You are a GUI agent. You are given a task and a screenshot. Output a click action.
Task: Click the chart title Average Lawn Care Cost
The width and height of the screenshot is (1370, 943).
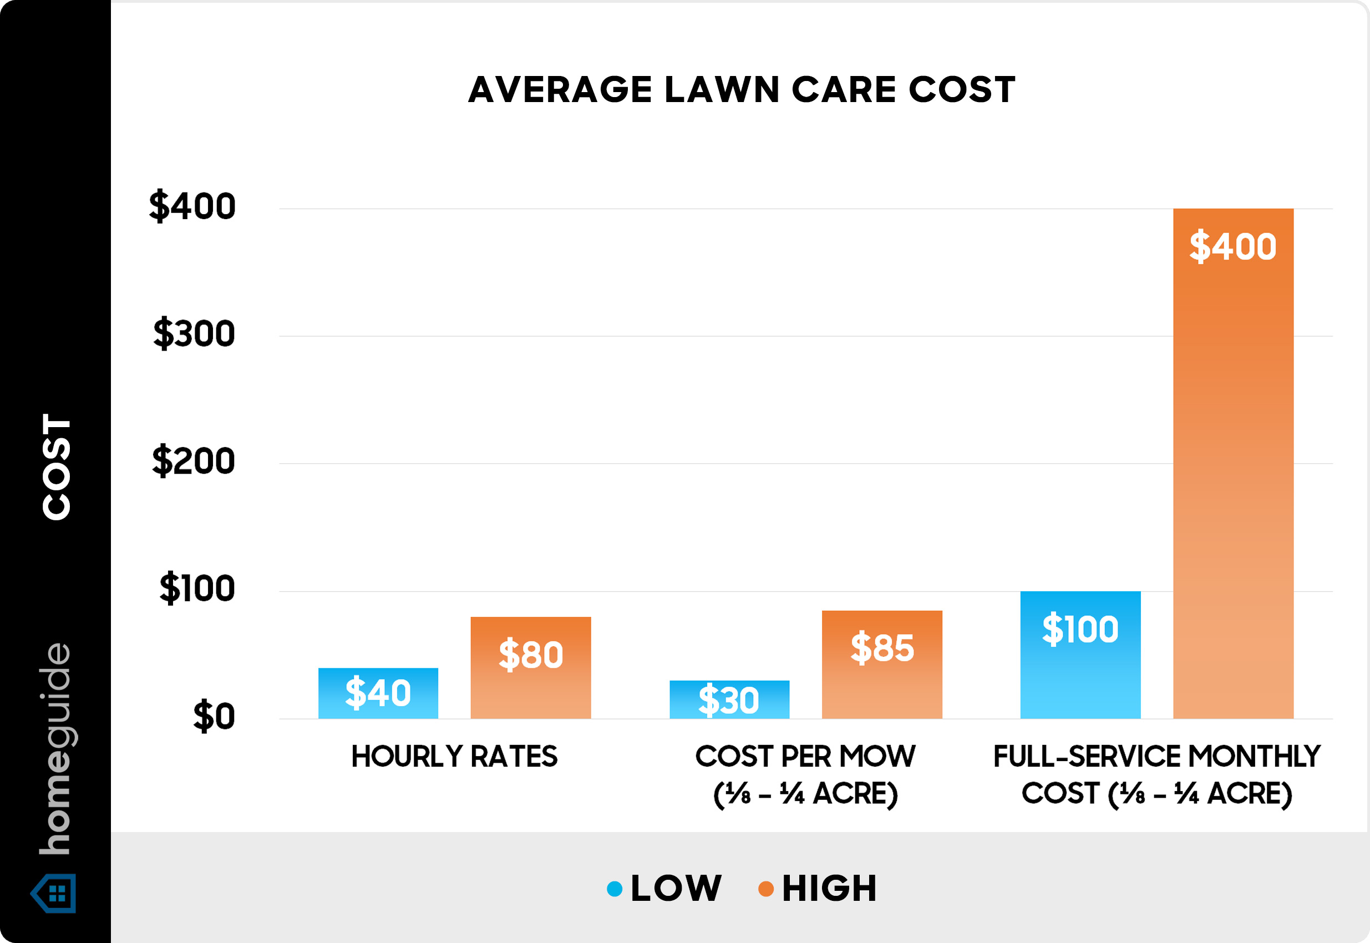742,90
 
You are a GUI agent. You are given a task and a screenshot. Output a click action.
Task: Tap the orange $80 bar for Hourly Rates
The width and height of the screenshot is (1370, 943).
530,667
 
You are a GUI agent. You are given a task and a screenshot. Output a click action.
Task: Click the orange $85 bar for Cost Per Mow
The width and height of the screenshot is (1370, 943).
881,664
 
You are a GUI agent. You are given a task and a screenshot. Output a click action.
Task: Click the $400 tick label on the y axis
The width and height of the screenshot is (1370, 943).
192,206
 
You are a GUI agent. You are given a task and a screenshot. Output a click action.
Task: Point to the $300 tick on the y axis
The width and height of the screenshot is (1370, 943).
194,334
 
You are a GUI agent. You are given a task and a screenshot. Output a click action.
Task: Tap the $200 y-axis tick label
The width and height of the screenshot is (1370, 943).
193,461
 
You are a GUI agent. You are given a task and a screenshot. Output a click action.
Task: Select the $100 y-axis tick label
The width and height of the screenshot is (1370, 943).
197,589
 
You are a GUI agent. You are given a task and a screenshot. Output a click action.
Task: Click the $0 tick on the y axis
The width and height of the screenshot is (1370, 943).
214,716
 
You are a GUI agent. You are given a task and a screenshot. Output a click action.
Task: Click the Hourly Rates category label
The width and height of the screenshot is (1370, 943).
454,756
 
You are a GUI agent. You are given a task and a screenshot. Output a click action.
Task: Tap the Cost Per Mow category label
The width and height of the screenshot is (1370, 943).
805,774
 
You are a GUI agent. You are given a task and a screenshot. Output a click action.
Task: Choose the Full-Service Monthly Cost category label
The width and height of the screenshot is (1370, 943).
1156,774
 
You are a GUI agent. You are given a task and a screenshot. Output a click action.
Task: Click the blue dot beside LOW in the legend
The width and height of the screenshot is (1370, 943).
615,889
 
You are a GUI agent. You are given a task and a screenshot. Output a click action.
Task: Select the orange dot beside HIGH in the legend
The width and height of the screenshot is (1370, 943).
765,889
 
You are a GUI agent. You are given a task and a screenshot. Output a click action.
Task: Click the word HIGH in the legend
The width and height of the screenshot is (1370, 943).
829,888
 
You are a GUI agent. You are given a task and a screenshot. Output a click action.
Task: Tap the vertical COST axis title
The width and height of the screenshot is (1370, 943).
57,467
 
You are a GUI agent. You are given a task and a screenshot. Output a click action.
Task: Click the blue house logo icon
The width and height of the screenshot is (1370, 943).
54,894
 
